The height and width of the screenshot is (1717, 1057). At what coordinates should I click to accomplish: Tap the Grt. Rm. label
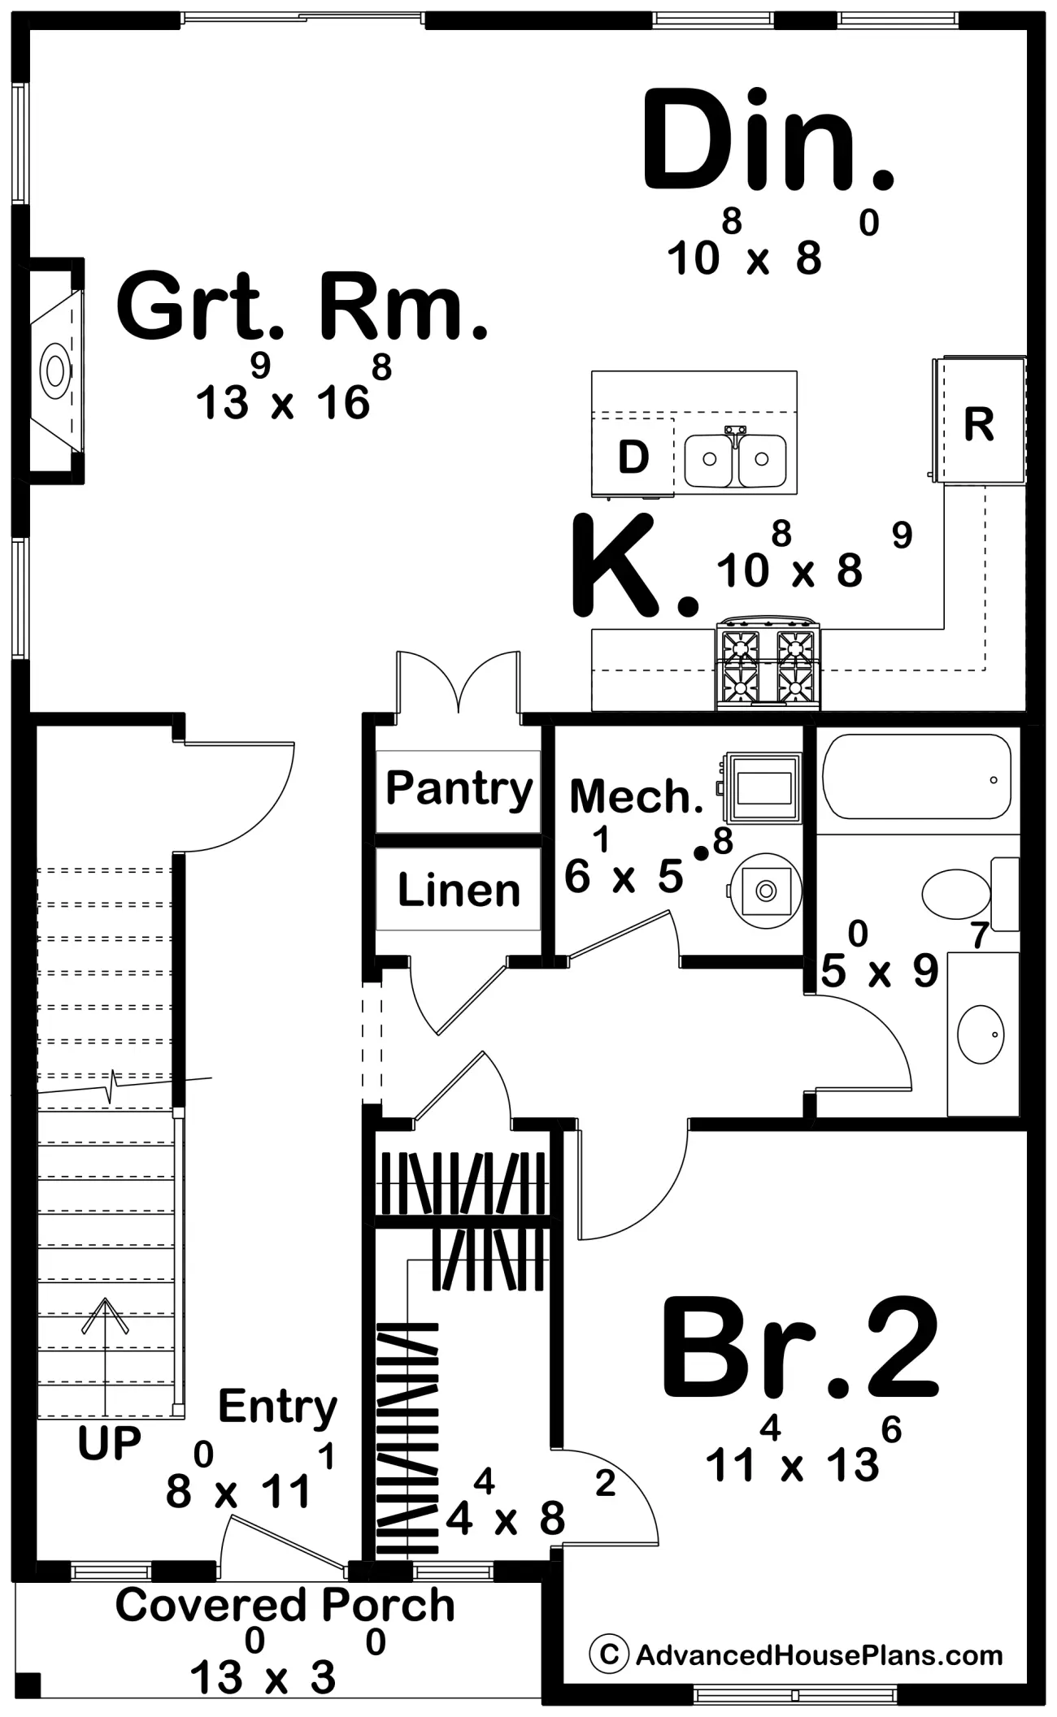(302, 308)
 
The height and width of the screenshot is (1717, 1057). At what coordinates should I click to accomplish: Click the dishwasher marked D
(633, 456)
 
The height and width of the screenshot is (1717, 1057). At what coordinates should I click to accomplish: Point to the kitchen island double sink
(735, 458)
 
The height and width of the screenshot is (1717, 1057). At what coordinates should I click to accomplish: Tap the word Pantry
(459, 788)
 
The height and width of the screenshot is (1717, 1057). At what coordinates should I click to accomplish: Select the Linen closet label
(459, 890)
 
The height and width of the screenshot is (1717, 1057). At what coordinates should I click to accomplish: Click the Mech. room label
(637, 797)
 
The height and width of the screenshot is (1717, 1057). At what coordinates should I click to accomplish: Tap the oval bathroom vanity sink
(981, 1034)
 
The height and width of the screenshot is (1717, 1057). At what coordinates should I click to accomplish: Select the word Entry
(277, 1407)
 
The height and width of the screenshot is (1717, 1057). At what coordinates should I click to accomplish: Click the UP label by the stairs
(109, 1444)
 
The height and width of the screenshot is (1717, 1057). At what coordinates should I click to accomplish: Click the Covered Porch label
(285, 1605)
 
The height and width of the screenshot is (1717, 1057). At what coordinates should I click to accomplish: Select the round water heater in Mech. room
(765, 891)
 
